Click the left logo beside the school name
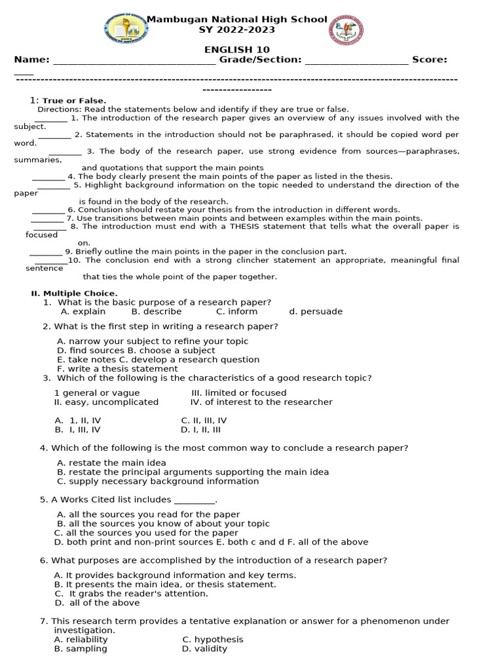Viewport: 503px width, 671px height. point(126,29)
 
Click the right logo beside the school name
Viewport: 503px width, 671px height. point(347,29)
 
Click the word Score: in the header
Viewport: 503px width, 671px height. point(430,60)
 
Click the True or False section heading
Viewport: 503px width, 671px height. point(74,101)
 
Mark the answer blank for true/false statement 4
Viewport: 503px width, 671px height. point(48,178)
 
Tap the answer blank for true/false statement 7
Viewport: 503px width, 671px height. point(47,220)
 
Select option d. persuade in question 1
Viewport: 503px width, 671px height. point(316,312)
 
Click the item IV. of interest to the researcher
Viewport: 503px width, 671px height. point(261,402)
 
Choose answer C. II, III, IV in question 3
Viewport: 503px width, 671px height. point(204,421)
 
